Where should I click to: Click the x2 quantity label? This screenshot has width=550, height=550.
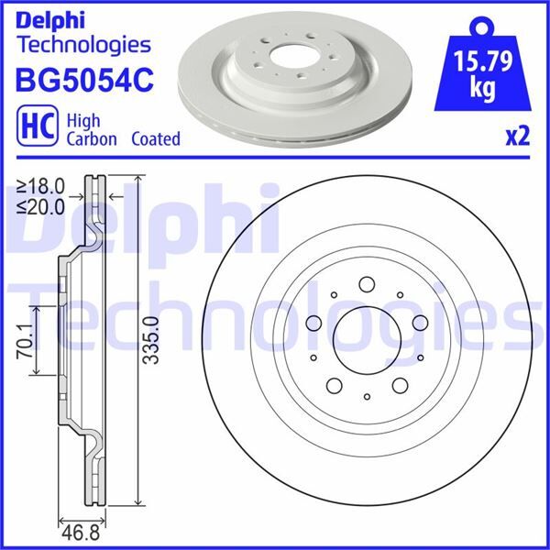click(519, 137)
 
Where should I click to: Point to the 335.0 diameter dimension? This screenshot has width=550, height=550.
click(152, 339)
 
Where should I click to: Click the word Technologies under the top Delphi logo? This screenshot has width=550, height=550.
click(83, 43)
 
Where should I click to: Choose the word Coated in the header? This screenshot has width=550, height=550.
click(155, 139)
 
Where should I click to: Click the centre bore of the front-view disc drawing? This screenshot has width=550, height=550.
click(366, 339)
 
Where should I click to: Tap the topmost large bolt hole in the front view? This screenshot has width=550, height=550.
click(366, 284)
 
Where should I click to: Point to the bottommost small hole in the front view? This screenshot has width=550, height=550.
click(366, 396)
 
